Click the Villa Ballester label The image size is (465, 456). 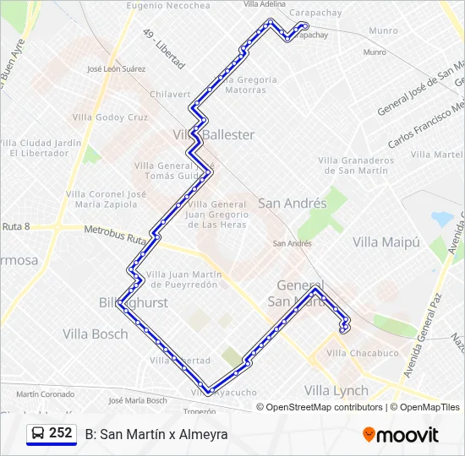214,135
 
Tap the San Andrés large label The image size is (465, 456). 292,204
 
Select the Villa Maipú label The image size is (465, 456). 386,242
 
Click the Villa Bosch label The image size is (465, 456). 96,334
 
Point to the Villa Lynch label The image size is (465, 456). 336,390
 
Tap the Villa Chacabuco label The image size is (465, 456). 362,353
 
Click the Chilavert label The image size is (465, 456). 170,95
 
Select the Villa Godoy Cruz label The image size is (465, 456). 110,117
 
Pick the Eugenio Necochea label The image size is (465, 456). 168,5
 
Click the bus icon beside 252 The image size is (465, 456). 38,433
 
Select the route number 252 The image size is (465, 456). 61,433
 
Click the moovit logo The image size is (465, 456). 401,435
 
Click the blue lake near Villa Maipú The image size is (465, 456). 442,219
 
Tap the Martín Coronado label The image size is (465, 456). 45,394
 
